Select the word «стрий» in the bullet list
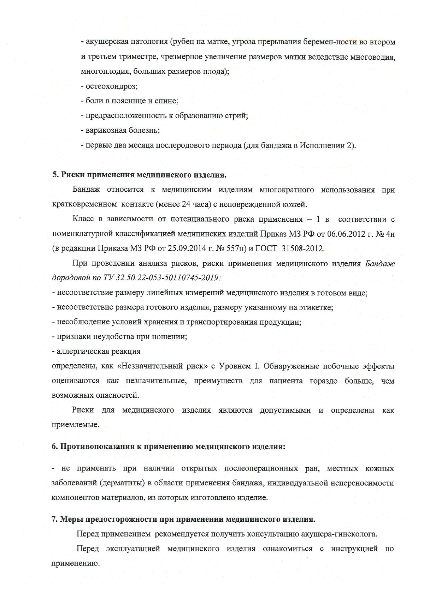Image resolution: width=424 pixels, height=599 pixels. (236, 116)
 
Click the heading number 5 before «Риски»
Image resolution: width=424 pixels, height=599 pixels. (54, 175)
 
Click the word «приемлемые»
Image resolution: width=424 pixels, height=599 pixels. (75, 425)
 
